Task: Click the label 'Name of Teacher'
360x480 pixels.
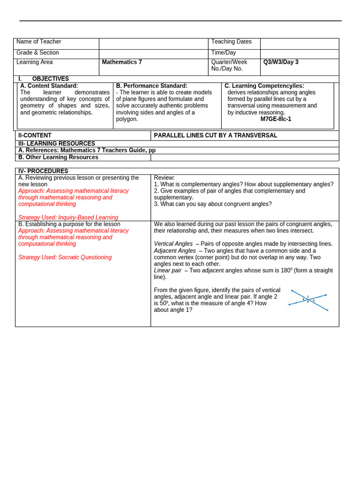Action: click(38, 42)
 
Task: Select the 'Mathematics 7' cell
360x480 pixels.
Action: click(122, 62)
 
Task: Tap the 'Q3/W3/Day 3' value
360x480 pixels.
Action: click(281, 62)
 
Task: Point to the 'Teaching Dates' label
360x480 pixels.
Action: click(231, 42)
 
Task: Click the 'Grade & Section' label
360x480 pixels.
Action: click(37, 52)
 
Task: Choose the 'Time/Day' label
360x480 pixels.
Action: click(224, 52)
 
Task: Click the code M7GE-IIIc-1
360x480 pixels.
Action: click(276, 119)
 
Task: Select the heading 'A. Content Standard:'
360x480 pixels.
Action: click(49, 86)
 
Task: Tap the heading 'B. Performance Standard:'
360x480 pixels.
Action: click(151, 86)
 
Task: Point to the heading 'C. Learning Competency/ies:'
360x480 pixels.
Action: click(264, 86)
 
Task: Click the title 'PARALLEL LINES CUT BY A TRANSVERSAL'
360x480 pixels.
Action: click(215, 135)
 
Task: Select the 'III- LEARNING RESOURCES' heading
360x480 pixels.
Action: click(56, 143)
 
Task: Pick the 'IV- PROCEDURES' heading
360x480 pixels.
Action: click(43, 171)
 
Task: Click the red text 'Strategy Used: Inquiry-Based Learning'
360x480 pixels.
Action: click(68, 217)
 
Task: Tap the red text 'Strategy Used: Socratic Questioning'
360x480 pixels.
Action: click(65, 257)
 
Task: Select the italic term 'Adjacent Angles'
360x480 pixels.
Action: click(174, 251)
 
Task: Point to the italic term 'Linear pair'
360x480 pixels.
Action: click(167, 270)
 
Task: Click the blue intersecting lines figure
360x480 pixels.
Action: click(308, 300)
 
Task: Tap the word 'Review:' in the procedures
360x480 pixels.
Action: click(164, 178)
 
